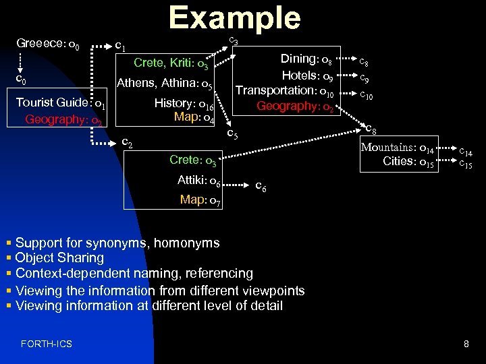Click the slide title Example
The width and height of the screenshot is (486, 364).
click(x=234, y=18)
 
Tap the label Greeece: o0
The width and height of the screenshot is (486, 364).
click(x=48, y=46)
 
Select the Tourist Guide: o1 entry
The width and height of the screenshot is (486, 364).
click(x=60, y=103)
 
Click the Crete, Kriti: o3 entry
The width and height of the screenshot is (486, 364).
click(x=174, y=64)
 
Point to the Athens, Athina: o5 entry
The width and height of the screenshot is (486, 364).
click(x=165, y=84)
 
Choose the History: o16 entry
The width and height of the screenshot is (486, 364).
click(x=184, y=104)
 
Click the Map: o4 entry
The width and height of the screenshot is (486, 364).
click(x=194, y=118)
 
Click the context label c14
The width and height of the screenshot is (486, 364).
click(x=466, y=153)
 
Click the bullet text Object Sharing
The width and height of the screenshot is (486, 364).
click(x=59, y=257)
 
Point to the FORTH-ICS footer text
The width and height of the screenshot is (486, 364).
click(x=47, y=344)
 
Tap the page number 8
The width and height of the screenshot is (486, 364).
click(x=466, y=344)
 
